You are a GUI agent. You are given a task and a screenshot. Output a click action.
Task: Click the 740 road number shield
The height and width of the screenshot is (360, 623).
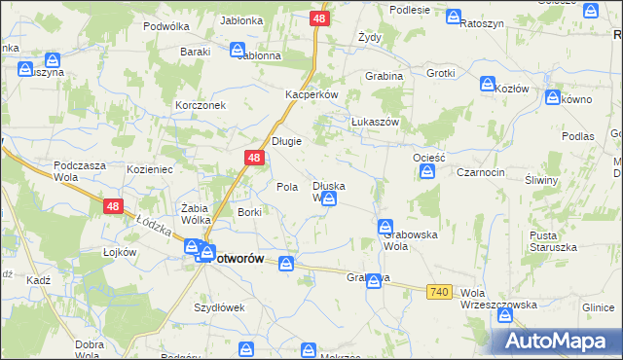[439, 292]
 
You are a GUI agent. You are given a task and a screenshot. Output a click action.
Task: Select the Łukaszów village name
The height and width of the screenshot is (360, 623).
[376, 122]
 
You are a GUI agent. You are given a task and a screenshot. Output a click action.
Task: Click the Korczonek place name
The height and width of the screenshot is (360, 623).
[201, 104]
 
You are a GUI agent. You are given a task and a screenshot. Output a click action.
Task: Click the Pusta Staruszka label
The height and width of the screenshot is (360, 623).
[552, 241]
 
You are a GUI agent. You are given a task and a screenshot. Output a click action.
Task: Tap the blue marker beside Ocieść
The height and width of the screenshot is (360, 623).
[427, 172]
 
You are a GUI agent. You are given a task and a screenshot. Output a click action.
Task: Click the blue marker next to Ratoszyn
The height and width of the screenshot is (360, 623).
[454, 17]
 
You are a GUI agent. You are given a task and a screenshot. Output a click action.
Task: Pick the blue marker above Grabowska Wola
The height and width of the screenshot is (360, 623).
[385, 227]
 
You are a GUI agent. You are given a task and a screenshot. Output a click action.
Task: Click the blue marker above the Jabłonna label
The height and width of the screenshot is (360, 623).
[238, 50]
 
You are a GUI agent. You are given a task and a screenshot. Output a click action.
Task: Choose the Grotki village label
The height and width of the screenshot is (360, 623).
[440, 73]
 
